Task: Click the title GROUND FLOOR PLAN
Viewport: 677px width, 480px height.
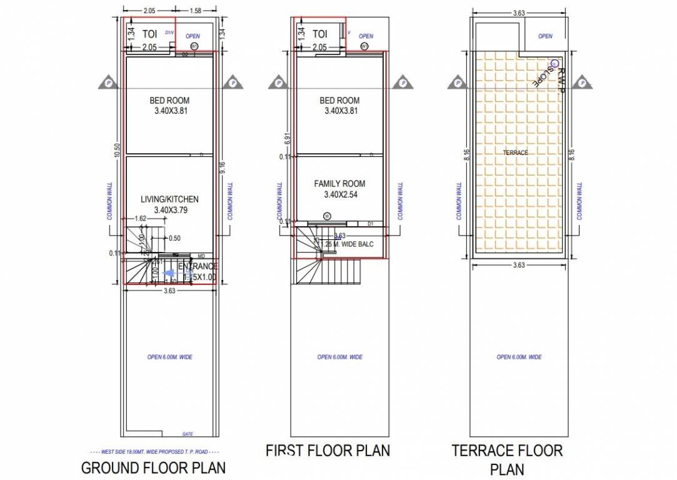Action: coord(153,467)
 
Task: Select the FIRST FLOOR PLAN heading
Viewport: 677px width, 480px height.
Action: coord(328,450)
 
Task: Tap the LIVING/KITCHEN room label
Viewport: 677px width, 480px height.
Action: coord(169,199)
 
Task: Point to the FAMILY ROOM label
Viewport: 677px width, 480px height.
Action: coord(339,184)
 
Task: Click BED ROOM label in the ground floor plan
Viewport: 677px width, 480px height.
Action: coord(169,100)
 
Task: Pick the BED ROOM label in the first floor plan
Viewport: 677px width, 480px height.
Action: coord(339,100)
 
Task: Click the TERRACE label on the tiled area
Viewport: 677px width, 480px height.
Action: coord(515,152)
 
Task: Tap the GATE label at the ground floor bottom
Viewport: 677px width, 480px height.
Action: coord(187,433)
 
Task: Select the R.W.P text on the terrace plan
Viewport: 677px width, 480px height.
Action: coord(560,81)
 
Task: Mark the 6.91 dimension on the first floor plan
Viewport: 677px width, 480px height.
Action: coord(287,139)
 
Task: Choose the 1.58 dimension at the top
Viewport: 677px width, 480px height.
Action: coord(194,11)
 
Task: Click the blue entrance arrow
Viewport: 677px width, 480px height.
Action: coord(168,273)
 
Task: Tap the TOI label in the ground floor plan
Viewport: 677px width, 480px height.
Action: coord(149,33)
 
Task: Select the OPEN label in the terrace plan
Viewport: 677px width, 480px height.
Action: coord(545,36)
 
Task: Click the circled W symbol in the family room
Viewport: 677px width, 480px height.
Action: coord(327,216)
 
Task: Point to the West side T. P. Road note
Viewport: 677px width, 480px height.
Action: coord(154,451)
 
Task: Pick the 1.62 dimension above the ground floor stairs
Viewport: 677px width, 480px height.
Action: coord(141,219)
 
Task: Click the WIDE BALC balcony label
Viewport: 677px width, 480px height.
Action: coord(351,244)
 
